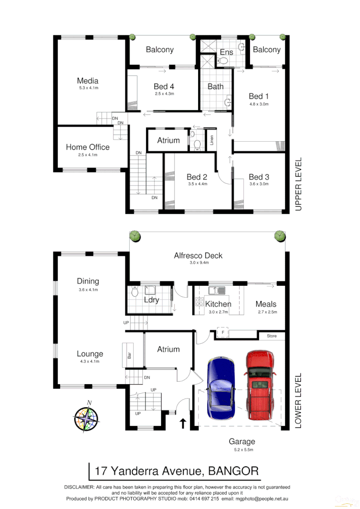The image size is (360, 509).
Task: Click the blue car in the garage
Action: (221, 388)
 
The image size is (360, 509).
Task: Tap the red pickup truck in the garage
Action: (260, 384)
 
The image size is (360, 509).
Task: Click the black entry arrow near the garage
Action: (183, 423)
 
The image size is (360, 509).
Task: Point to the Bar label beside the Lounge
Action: (129, 356)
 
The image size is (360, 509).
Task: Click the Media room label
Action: (87, 81)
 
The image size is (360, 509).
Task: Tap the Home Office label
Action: (87, 147)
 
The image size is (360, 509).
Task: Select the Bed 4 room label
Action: (164, 86)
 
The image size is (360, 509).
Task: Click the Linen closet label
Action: (211, 141)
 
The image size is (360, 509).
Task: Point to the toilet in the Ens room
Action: (222, 61)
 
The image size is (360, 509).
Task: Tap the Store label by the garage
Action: (272, 336)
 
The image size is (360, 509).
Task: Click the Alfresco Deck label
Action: (198, 255)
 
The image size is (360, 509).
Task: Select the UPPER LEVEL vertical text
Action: (298, 184)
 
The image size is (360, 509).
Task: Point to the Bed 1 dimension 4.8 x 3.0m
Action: (259, 104)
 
